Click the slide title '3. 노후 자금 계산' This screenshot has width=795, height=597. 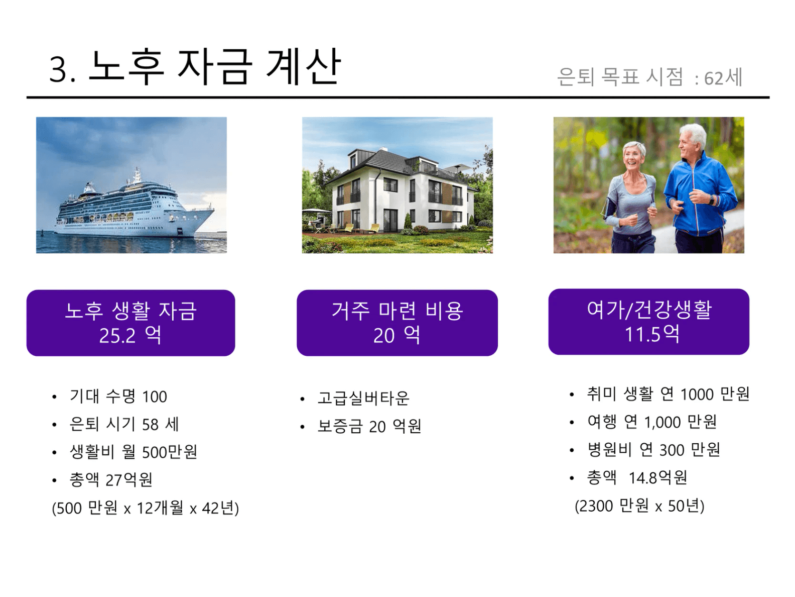pos(195,67)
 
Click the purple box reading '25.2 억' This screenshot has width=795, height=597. pos(131,323)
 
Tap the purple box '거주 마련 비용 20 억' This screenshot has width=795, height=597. pos(397,323)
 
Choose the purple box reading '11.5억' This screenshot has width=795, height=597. pos(648,322)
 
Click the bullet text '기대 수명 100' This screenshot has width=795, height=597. pos(118,396)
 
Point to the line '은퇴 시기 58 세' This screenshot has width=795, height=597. pos(124,424)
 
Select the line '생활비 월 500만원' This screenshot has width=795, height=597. pos(134,452)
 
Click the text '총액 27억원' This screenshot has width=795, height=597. pos(111,479)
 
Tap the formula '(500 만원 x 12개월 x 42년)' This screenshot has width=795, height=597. pos(145,508)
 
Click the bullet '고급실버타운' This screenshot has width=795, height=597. pos(363,398)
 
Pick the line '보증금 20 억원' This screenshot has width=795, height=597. pos(369,426)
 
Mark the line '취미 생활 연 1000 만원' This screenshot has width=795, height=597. pos(668,394)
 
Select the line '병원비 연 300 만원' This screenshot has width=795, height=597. pos(653,450)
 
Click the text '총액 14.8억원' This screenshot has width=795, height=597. pos(637,478)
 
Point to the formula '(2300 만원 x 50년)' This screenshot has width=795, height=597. pos(639,506)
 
